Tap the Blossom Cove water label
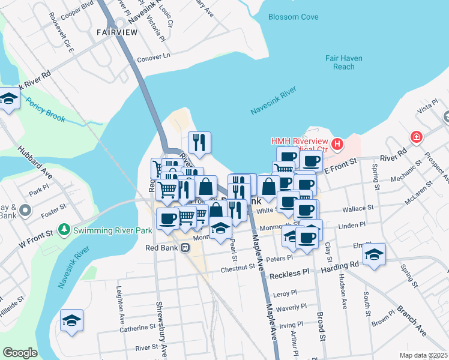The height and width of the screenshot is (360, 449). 294,17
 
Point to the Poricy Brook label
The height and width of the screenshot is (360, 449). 46,109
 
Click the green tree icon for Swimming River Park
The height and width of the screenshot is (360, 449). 64,229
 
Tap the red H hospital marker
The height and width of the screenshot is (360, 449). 338,144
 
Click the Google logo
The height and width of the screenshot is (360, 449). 20,353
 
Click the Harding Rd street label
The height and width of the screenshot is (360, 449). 345,263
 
